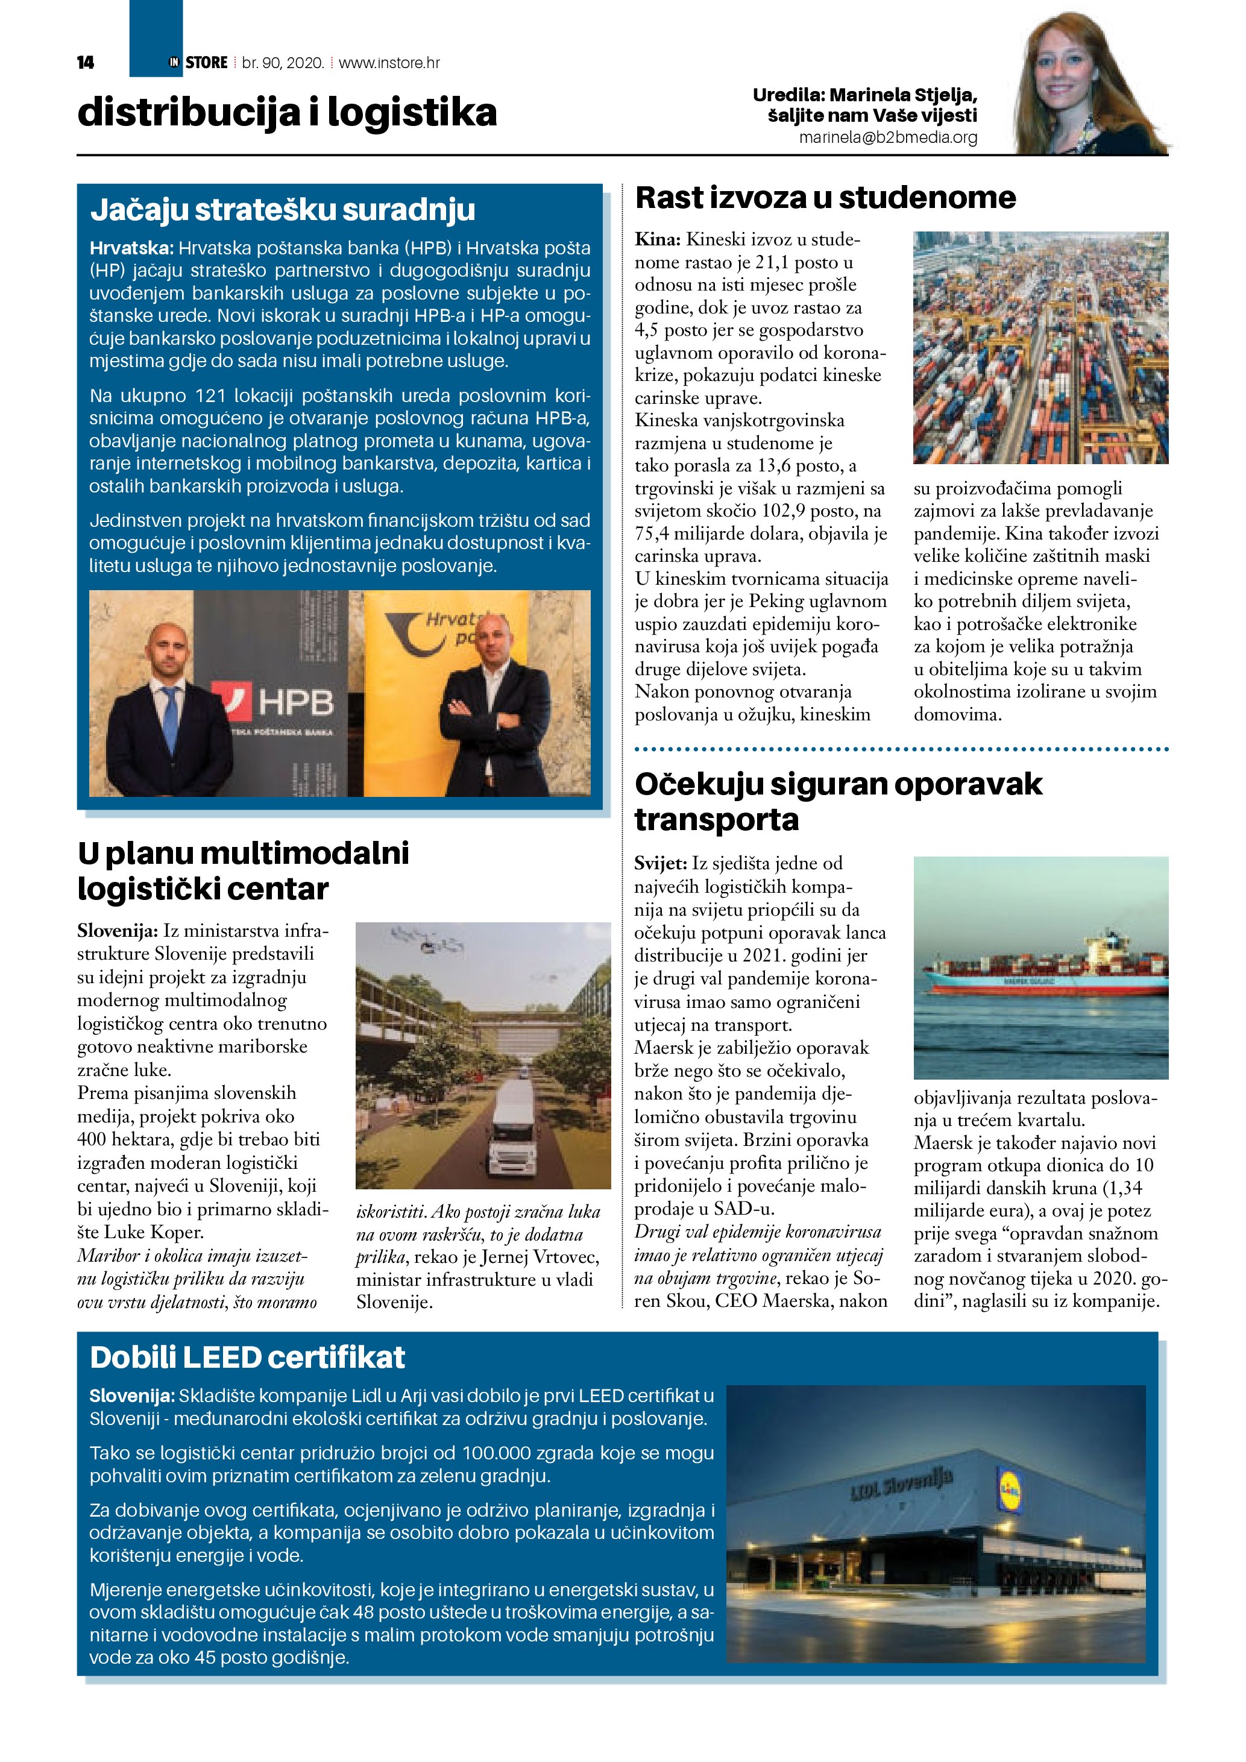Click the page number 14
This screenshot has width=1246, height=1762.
tap(85, 63)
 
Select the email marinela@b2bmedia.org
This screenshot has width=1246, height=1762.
tap(888, 137)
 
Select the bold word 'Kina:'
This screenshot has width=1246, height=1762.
tap(658, 239)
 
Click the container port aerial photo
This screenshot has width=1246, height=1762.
tap(1040, 348)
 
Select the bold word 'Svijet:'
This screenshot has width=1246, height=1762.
tap(660, 863)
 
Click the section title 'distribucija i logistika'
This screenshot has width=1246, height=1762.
tap(287, 113)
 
